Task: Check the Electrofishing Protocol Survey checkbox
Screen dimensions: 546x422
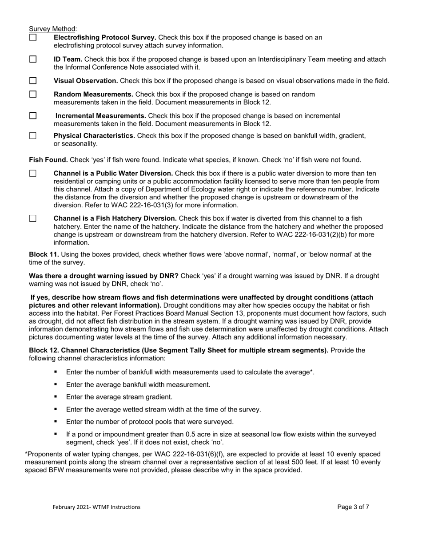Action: tap(33, 38)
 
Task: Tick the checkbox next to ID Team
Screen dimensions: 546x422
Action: tap(33, 59)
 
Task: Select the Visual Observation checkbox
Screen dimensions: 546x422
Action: tap(33, 81)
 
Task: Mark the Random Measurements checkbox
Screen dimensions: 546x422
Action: tap(33, 94)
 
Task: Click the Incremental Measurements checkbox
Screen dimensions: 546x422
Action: tap(33, 115)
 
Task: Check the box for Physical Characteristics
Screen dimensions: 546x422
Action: tap(33, 136)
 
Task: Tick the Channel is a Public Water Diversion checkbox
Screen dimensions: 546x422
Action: tap(33, 174)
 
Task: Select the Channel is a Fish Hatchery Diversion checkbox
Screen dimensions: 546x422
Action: tap(33, 218)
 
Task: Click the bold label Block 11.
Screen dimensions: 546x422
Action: tap(44, 254)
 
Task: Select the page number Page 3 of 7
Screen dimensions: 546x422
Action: tap(353, 507)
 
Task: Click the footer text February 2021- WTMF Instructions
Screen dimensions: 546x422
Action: tap(96, 507)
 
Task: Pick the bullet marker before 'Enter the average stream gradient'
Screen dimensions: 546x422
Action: tap(56, 396)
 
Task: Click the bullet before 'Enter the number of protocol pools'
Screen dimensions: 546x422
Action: tap(56, 421)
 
